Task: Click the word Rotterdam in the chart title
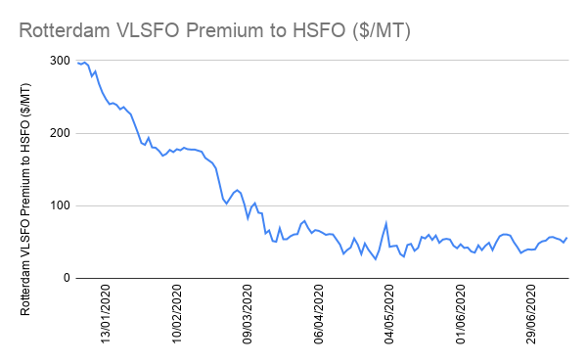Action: [x=64, y=30]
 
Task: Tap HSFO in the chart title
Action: [x=319, y=30]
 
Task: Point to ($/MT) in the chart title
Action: [x=382, y=31]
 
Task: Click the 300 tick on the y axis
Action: [x=60, y=61]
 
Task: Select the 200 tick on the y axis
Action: [x=60, y=133]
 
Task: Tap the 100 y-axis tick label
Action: [x=60, y=205]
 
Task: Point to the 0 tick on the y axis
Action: [x=67, y=278]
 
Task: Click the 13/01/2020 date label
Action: [x=106, y=314]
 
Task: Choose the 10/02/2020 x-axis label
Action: [x=177, y=314]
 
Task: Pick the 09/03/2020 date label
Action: [x=248, y=314]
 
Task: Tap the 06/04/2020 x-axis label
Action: [x=318, y=314]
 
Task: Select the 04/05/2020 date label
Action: [x=389, y=314]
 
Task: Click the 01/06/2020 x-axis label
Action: [x=460, y=314]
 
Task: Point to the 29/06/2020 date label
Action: [x=531, y=314]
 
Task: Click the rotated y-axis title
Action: [x=25, y=199]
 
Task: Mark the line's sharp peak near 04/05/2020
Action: [x=386, y=223]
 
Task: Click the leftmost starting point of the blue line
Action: [x=77, y=63]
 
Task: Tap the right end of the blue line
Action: [x=566, y=238]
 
